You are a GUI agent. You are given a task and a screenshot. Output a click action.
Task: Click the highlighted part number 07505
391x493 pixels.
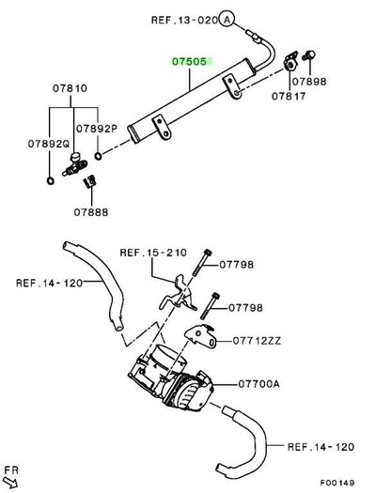click(190, 62)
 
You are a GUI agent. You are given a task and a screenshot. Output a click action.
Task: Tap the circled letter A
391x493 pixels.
click(227, 20)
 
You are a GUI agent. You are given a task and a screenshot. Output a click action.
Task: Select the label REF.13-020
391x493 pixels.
click(184, 21)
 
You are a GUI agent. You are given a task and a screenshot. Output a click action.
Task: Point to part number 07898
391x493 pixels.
click(309, 82)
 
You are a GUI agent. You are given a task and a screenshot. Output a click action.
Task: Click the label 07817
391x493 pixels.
click(289, 96)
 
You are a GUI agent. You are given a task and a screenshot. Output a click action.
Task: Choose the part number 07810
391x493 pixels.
click(70, 88)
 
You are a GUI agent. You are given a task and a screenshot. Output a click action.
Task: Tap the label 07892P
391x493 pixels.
click(97, 129)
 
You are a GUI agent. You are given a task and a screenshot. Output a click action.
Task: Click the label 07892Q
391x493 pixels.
click(49, 144)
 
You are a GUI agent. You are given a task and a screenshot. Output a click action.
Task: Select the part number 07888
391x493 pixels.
click(91, 212)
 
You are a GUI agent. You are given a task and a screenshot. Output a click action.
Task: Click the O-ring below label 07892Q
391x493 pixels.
click(51, 181)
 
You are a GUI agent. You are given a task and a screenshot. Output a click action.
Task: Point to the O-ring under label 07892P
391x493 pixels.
click(99, 156)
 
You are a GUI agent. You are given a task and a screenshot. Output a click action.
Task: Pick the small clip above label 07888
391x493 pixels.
click(89, 181)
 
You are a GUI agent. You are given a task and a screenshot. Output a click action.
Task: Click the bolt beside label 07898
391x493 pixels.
click(308, 55)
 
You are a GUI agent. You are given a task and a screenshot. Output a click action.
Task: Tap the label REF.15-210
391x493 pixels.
click(153, 253)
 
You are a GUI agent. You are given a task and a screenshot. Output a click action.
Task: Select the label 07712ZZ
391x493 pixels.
click(257, 341)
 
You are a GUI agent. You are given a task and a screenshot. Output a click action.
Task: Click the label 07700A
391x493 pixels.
click(258, 384)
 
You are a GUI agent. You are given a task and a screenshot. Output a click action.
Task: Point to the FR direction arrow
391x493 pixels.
click(10, 483)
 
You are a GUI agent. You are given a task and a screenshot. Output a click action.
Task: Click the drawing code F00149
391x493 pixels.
click(337, 483)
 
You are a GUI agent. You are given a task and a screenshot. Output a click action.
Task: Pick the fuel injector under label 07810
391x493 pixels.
click(74, 164)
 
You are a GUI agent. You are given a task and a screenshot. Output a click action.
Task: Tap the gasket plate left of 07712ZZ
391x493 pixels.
click(200, 336)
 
